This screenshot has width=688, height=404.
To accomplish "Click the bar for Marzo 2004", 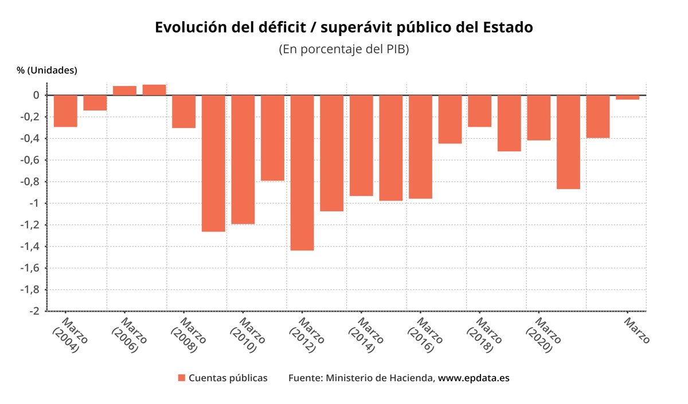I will [x=65, y=111].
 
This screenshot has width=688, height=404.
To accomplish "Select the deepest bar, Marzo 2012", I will [x=302, y=172].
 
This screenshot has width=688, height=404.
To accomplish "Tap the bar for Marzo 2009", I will [x=213, y=163].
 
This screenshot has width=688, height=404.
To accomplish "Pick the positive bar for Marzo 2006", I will [x=124, y=91].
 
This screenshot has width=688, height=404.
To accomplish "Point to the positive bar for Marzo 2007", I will [x=154, y=90].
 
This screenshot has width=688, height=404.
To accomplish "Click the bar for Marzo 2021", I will [x=568, y=142].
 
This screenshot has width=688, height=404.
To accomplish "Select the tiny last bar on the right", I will [x=627, y=97].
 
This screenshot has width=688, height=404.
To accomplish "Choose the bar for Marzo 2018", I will [x=479, y=111].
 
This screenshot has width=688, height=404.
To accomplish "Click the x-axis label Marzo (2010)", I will [x=247, y=335].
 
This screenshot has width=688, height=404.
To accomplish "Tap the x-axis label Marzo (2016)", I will [x=425, y=335].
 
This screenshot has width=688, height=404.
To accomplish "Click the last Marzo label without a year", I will [x=637, y=331].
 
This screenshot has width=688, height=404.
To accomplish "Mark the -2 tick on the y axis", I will [x=34, y=311].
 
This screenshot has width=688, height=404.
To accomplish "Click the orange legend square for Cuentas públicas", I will [x=182, y=378].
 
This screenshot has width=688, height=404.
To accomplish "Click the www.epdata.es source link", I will [x=474, y=378].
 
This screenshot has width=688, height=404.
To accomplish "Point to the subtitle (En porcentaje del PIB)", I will [x=343, y=49].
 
